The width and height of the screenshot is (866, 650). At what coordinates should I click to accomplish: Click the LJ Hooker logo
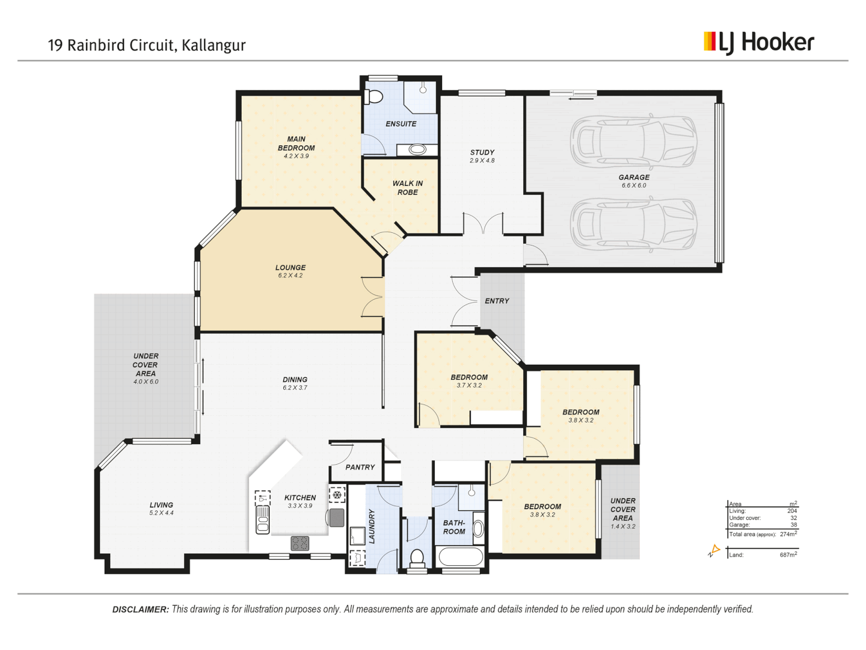758,43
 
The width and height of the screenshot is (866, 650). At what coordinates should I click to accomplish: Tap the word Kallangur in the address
213,45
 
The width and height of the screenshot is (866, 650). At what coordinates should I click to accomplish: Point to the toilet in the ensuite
374,96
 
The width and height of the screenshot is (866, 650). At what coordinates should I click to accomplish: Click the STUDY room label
482,152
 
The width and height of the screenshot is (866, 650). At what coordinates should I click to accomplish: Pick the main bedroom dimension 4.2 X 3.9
296,156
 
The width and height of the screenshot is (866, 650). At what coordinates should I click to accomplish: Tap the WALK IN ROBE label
408,188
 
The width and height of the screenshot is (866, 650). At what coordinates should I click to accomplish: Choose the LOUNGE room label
290,267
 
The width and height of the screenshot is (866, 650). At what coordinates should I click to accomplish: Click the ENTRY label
497,301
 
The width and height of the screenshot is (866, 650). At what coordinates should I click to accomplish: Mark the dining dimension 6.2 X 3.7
295,388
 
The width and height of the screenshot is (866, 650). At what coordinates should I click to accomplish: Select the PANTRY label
360,467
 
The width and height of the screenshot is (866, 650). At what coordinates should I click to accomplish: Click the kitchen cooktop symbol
299,543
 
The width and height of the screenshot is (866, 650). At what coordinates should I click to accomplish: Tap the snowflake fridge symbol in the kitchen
337,495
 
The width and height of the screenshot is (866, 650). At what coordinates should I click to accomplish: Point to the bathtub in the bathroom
461,557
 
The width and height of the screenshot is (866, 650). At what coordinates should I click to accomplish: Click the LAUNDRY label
372,526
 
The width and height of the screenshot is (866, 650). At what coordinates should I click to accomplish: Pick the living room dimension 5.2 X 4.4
161,513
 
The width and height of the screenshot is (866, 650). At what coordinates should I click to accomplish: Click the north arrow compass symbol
714,551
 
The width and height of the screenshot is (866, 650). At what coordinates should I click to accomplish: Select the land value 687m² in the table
788,554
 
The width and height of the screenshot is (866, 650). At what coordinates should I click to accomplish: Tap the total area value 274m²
788,534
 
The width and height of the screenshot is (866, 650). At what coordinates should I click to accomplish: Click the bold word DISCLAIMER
140,610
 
